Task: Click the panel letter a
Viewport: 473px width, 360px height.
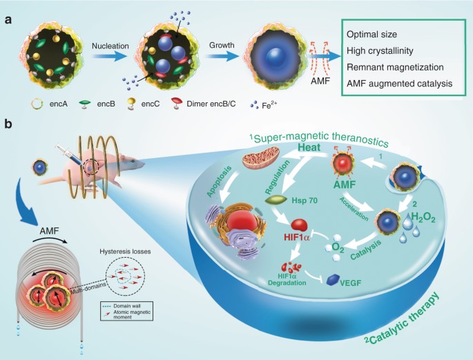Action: click(8, 19)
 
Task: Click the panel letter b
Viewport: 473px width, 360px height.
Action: click(8, 124)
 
